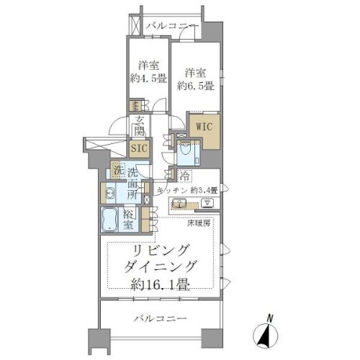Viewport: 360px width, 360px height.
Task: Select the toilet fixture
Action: click(185, 150)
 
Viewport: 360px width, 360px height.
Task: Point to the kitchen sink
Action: click(186, 202)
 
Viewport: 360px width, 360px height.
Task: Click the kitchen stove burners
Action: click(208, 202)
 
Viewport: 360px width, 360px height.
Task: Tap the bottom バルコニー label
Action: click(160, 317)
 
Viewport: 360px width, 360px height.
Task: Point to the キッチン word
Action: click(172, 189)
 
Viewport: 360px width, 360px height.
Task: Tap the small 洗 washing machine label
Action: click(117, 172)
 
